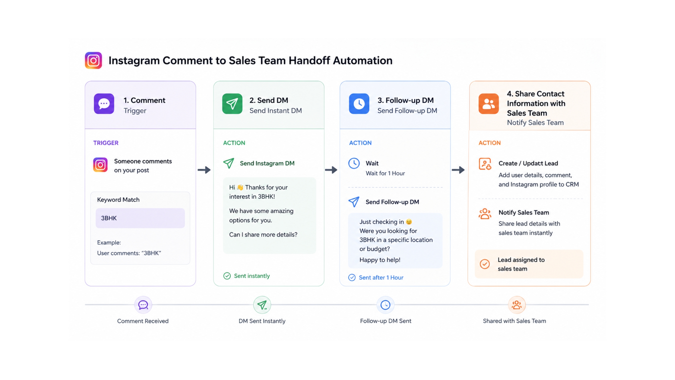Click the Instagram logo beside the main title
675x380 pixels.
[x=93, y=60]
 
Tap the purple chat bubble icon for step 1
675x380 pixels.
[x=104, y=104]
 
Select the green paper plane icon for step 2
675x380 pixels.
[x=232, y=104]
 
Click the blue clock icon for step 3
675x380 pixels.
[x=359, y=104]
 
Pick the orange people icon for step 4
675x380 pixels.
[x=489, y=104]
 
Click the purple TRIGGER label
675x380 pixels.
[x=106, y=143]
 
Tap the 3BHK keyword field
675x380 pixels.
[x=140, y=218]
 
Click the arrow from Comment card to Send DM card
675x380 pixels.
[x=204, y=170]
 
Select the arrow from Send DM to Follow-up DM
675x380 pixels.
[x=331, y=170]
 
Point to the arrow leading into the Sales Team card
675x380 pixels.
[x=458, y=170]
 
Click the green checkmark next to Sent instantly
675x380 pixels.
[x=227, y=276]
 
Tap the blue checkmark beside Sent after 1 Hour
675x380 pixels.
[x=352, y=277]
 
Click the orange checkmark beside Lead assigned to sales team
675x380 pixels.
[x=485, y=264]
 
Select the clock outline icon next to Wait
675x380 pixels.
[x=354, y=163]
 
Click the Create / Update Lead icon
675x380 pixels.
[x=485, y=164]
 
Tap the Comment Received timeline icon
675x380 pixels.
[x=143, y=305]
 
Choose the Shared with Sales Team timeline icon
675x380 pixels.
[x=517, y=305]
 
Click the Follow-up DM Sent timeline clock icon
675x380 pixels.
[x=385, y=305]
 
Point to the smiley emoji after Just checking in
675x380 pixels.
[x=409, y=222]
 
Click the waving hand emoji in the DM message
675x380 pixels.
[x=240, y=187]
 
